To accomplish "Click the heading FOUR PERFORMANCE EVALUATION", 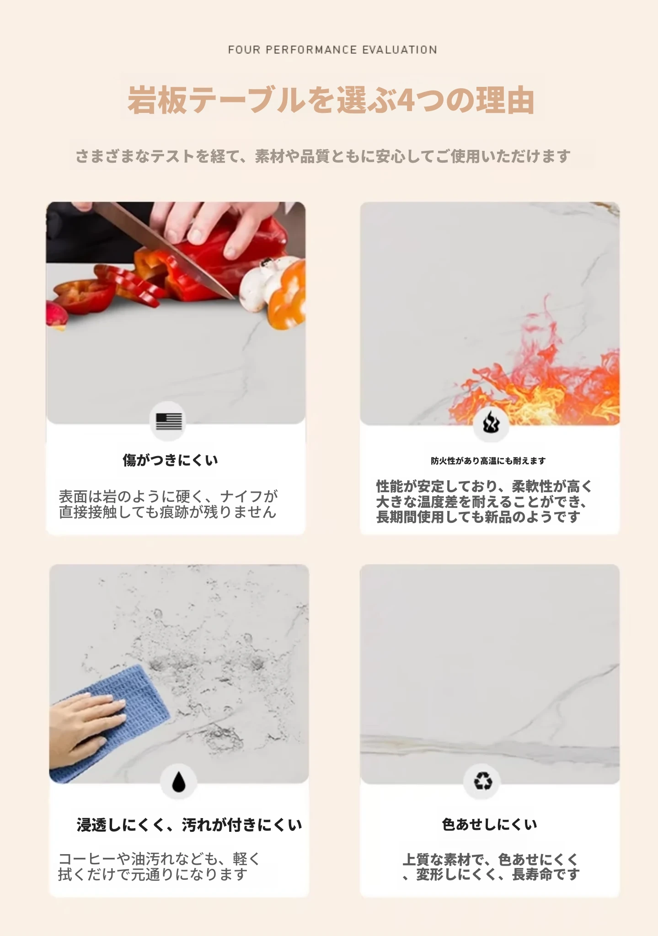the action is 332,50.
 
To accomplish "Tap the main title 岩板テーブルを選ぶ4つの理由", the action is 331,100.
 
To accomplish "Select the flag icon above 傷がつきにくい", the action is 169,421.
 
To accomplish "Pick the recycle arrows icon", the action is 483,781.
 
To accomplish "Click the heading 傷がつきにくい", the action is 170,460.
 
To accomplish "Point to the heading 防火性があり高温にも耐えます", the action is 488,461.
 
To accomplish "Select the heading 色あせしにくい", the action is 489,824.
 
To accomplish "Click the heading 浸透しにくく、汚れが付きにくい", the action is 189,824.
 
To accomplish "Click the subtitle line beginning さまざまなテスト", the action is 323,156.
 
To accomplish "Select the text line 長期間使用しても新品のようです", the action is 478,517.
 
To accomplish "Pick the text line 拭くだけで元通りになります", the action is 153,874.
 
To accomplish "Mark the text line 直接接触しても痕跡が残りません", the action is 168,512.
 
